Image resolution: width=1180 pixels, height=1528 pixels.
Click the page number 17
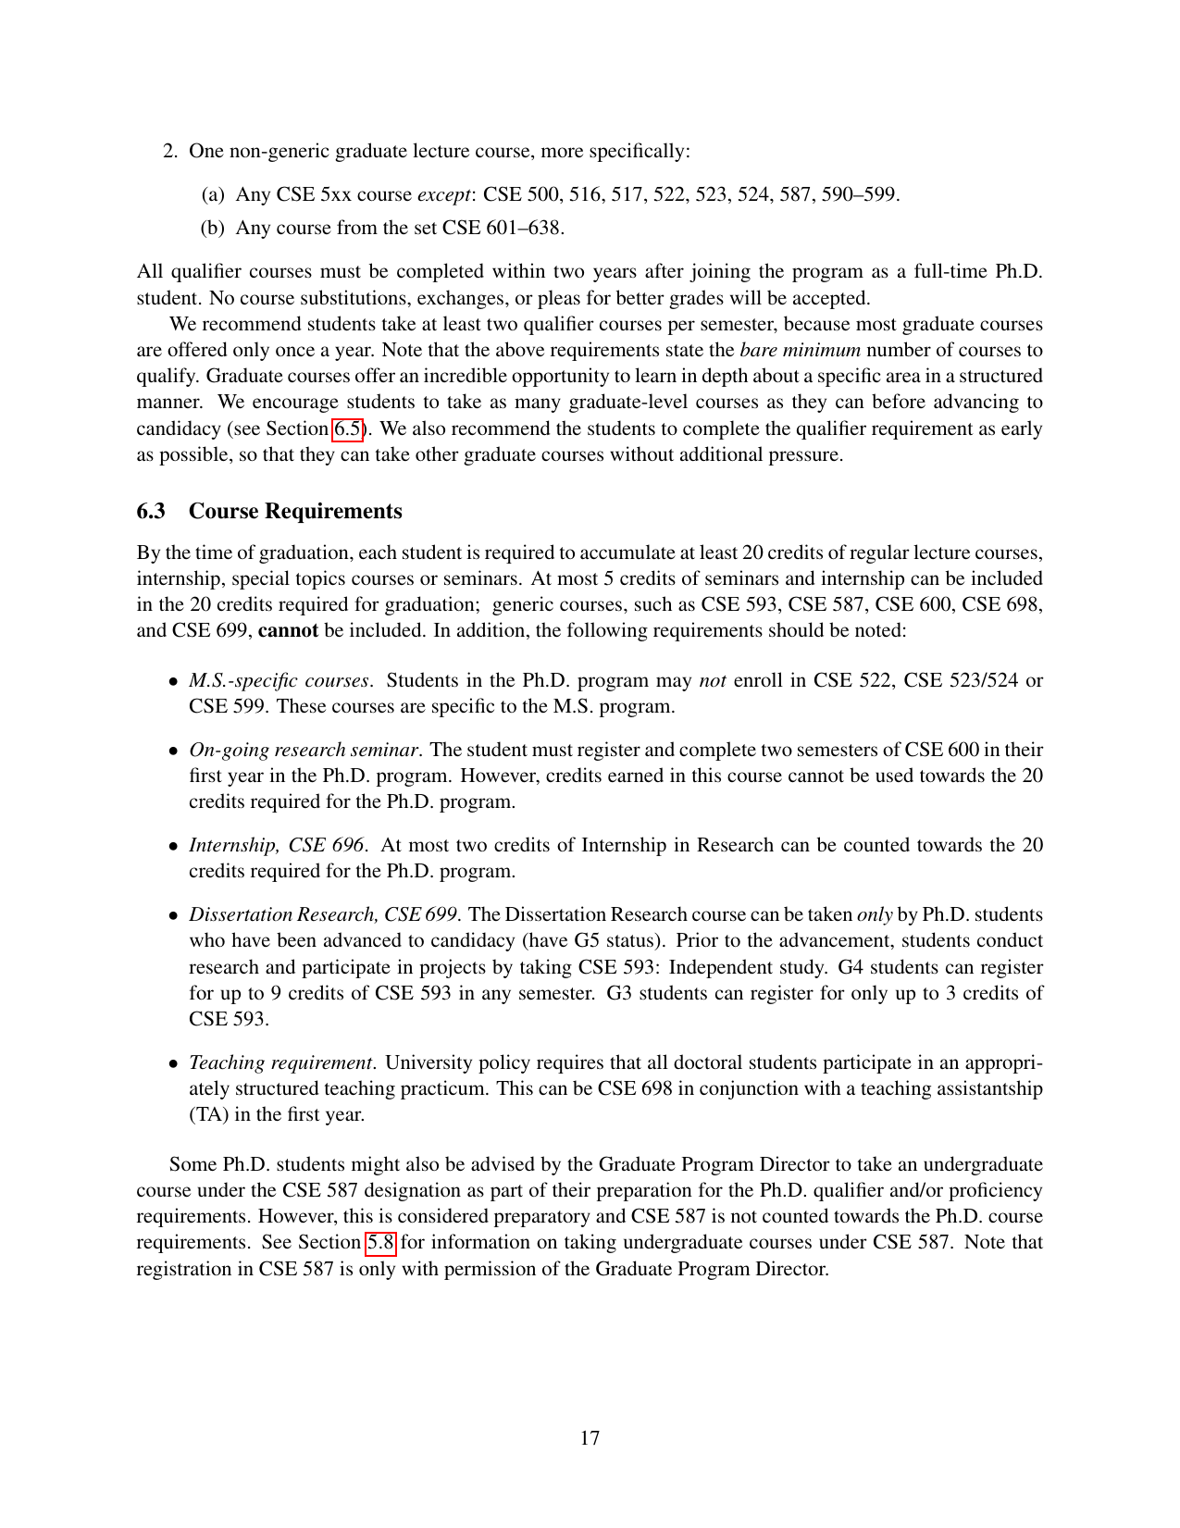point(590,1437)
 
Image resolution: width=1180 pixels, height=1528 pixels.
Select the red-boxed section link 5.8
point(381,1242)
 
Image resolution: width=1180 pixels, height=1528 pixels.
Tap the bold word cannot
point(288,630)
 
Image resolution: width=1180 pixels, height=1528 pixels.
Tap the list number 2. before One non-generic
point(170,150)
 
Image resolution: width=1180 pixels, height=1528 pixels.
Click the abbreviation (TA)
point(209,1114)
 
